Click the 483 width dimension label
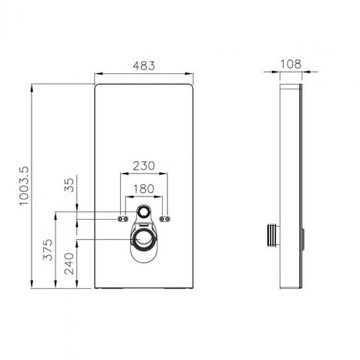coord(144,66)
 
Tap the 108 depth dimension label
coord(291,64)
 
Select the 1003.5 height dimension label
coord(25,186)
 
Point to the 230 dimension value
coord(144,166)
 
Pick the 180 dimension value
coord(143,189)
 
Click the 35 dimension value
coord(69,185)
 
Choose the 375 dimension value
coord(48,250)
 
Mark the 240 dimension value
coord(69,264)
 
